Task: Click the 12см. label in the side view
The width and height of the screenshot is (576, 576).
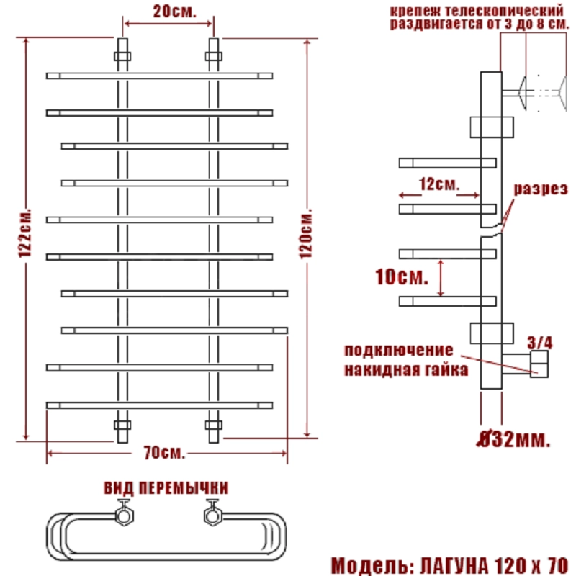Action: pos(438,185)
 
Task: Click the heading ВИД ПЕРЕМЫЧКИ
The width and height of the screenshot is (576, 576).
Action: pos(166,488)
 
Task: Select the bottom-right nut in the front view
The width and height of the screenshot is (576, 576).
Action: pos(213,424)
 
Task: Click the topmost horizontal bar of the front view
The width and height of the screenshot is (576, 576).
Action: pos(159,75)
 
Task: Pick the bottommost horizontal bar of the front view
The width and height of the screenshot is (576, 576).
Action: pos(159,405)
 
